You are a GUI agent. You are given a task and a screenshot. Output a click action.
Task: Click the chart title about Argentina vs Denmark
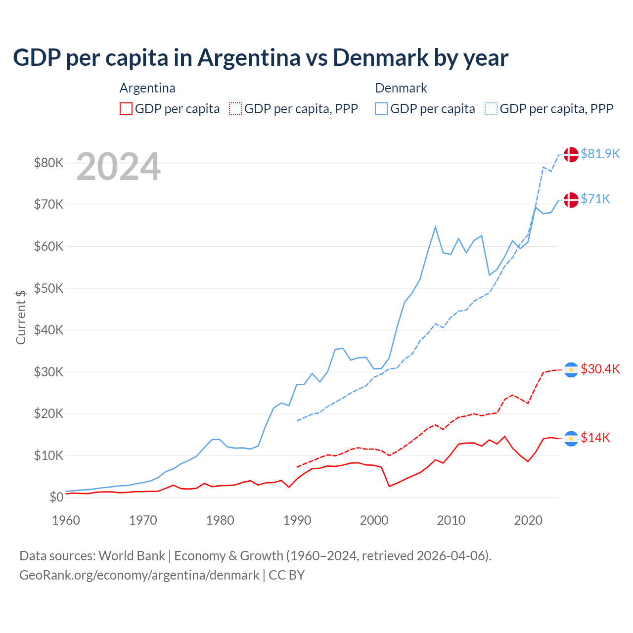(261, 58)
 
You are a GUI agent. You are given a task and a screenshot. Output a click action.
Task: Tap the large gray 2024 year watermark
(119, 167)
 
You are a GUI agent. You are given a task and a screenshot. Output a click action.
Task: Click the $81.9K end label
(600, 154)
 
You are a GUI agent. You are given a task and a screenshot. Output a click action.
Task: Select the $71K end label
(595, 199)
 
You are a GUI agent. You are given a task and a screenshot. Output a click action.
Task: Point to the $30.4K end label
(600, 369)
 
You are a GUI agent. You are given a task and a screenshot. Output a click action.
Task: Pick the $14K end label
(595, 438)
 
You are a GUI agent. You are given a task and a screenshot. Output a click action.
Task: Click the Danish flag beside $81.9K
(571, 154)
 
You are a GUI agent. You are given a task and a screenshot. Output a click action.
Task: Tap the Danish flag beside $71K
(571, 200)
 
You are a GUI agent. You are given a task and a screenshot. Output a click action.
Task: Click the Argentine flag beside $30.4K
(571, 369)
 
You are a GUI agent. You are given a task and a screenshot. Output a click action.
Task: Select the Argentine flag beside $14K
(571, 438)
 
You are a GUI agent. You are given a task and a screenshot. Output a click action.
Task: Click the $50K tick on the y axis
(48, 288)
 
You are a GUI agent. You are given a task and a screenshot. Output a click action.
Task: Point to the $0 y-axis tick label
(56, 497)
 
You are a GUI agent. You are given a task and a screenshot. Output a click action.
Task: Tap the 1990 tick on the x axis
(297, 520)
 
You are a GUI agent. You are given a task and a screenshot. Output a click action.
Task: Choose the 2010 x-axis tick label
(451, 520)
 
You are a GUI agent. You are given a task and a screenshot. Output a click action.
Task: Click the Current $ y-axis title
(21, 317)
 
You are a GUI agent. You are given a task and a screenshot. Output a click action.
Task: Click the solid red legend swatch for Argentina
(126, 109)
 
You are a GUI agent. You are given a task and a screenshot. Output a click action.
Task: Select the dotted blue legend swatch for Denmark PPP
(491, 109)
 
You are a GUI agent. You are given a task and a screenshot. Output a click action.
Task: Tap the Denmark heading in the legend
(401, 88)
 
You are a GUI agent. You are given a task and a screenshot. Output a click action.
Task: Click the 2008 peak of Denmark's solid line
(435, 227)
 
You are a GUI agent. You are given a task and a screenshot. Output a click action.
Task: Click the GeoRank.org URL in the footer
(139, 575)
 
